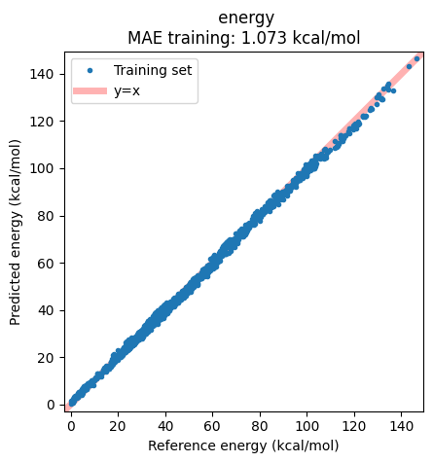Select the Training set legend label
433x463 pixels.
point(153,70)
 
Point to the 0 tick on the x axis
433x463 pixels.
point(70,426)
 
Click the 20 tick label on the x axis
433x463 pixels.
point(118,426)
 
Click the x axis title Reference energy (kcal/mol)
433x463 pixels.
point(243,445)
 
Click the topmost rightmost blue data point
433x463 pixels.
point(417,58)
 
